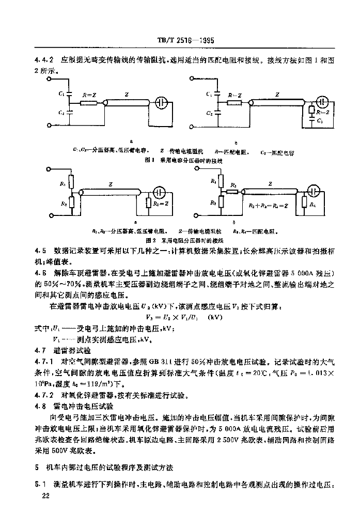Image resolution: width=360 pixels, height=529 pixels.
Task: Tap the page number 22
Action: coord(44,496)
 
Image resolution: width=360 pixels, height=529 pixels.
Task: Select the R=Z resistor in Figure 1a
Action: coord(89,103)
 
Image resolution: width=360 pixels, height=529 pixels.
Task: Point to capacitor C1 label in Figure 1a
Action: coord(61,94)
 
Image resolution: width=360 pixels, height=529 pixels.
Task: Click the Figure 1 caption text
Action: coord(184,161)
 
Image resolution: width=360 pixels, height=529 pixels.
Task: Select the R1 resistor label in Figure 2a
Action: coord(62,182)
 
